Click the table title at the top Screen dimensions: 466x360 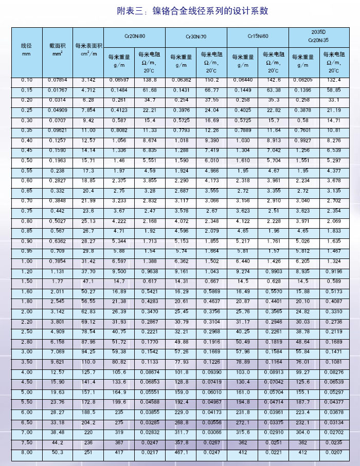point(192,11)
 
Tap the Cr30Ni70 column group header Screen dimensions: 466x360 point(196,37)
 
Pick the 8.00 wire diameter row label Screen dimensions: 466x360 point(27,451)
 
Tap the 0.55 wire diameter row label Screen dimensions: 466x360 point(27,170)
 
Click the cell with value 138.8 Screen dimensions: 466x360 point(150,80)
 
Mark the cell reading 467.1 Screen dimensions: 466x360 point(181,451)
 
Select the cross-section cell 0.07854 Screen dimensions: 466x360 point(57,80)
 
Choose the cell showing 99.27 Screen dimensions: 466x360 point(304,371)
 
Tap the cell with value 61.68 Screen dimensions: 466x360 point(150,90)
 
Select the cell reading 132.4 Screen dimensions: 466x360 point(334,80)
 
